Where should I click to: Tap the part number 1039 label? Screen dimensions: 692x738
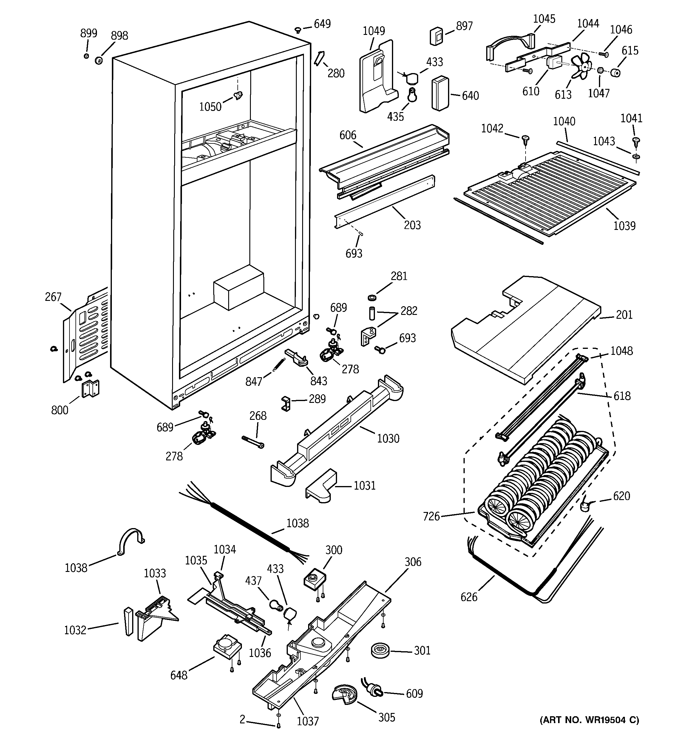624,225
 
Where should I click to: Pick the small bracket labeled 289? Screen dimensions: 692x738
286,403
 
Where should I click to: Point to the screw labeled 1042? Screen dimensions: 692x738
525,140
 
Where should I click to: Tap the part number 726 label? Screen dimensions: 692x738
431,516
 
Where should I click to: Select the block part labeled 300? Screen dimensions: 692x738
315,579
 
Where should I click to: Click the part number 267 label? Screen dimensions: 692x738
53,297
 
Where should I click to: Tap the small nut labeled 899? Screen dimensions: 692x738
86,56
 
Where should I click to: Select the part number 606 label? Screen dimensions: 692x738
348,135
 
